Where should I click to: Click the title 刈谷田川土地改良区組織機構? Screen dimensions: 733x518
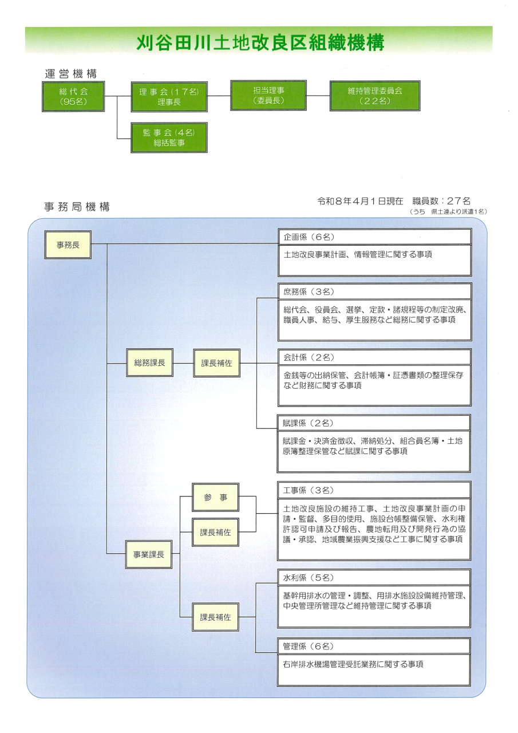[259, 43]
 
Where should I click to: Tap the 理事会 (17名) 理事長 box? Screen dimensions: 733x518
[169, 96]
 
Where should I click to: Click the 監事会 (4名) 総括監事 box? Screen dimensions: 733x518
[169, 137]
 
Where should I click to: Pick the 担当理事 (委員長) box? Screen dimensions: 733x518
[268, 95]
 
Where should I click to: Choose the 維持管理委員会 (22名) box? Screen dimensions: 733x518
[375, 96]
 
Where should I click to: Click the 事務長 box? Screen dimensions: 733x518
[68, 245]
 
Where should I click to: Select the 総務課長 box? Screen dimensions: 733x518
[149, 363]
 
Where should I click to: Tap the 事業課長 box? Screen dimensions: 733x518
[149, 554]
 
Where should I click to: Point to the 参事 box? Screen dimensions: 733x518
[215, 498]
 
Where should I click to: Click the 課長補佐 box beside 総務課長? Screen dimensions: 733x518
[216, 363]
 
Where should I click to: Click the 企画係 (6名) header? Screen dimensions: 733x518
[374, 237]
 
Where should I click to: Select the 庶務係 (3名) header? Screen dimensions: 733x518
[374, 291]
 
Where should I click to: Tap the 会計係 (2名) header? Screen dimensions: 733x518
[374, 357]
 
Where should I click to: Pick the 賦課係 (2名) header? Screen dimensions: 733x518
[374, 423]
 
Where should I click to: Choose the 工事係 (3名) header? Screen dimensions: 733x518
[374, 490]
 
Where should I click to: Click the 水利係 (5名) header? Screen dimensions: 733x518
[374, 577]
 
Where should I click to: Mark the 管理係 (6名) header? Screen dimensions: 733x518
[374, 646]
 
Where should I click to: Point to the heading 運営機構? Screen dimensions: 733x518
[70, 73]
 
